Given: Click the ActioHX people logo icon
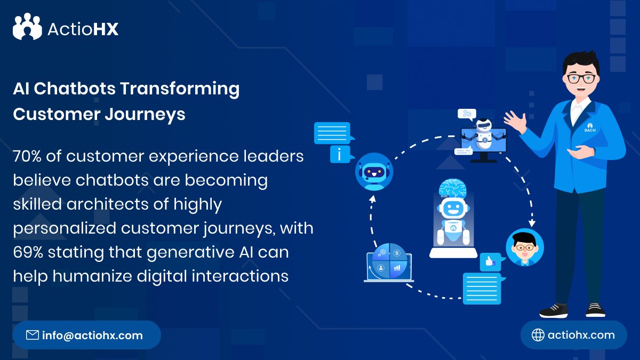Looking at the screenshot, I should (27, 27).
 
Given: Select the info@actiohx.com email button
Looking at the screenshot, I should (86, 335).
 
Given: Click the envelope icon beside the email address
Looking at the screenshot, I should (33, 335).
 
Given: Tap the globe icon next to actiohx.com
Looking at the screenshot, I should (538, 335).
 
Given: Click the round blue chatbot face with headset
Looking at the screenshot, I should (373, 171).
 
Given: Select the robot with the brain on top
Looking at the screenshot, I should (453, 219).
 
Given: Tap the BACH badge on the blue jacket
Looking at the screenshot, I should (589, 128).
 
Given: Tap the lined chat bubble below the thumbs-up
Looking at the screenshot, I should (482, 289).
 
